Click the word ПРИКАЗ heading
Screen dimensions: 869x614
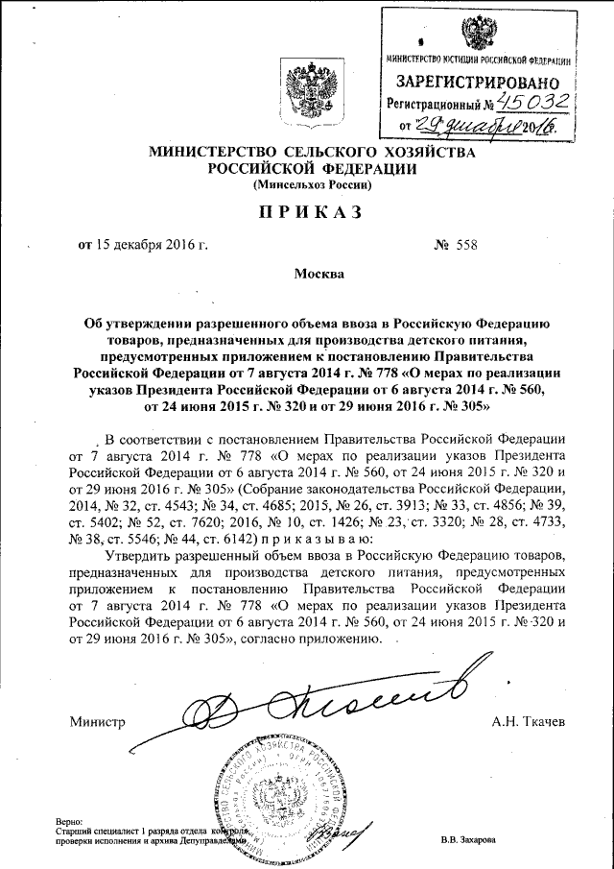pos(306,212)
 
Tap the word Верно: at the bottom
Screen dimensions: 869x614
pos(70,822)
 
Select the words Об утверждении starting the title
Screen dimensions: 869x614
pos(130,330)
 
